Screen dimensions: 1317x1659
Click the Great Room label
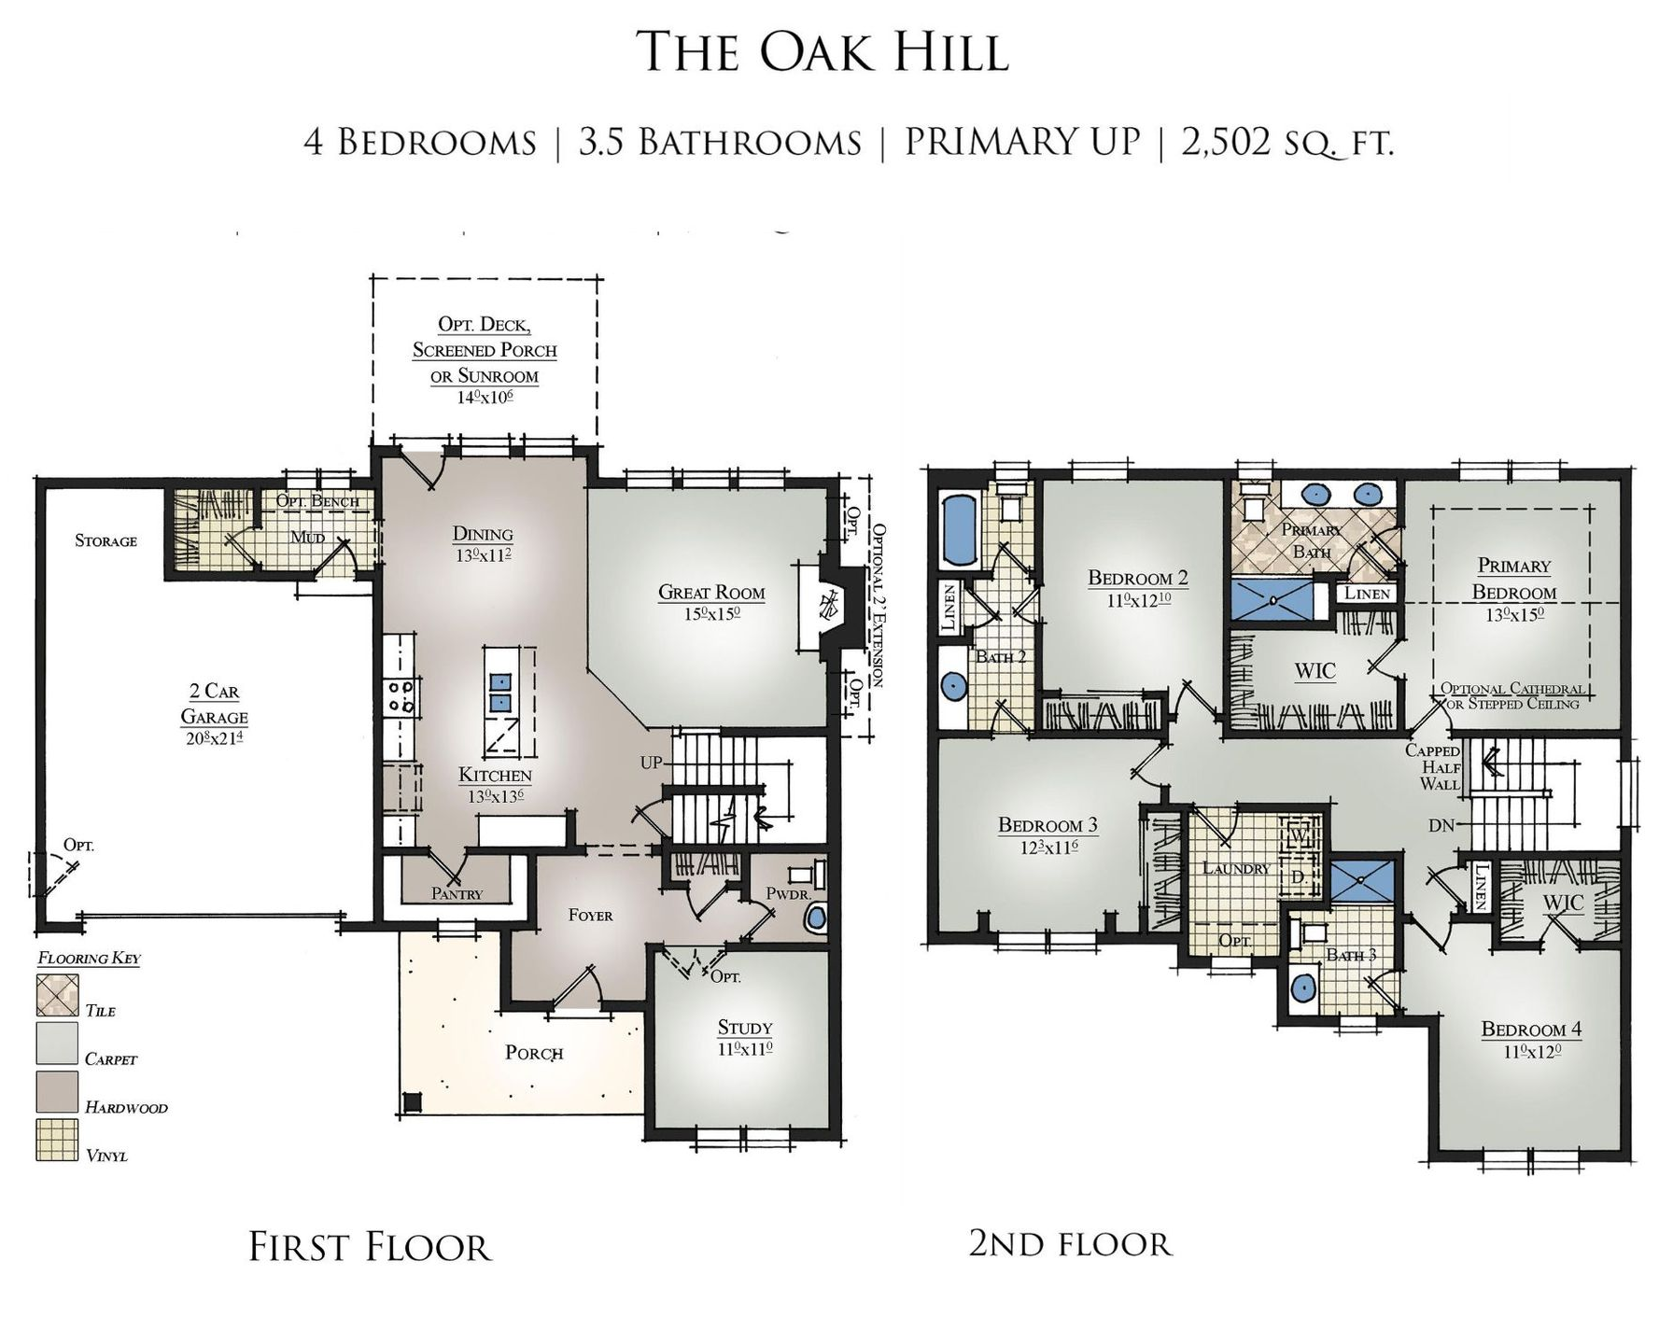click(710, 592)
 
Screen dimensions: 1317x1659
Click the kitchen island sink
click(500, 692)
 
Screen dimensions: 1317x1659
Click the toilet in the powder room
click(816, 917)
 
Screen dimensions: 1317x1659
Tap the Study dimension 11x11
click(743, 1049)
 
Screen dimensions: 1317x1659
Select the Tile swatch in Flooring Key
click(57, 995)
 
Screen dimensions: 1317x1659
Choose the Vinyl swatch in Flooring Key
click(57, 1141)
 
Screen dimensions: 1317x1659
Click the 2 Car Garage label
click(214, 704)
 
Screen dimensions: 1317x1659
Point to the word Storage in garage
click(105, 541)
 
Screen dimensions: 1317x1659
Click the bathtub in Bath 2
click(959, 530)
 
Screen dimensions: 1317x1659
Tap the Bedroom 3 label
click(1047, 825)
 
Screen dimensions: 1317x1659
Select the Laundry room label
click(1235, 868)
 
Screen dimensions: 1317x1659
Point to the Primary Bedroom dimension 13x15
click(1513, 615)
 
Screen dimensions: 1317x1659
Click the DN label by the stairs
click(1441, 826)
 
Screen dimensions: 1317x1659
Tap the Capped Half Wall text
click(1432, 767)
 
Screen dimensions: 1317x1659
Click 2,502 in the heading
click(1225, 142)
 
